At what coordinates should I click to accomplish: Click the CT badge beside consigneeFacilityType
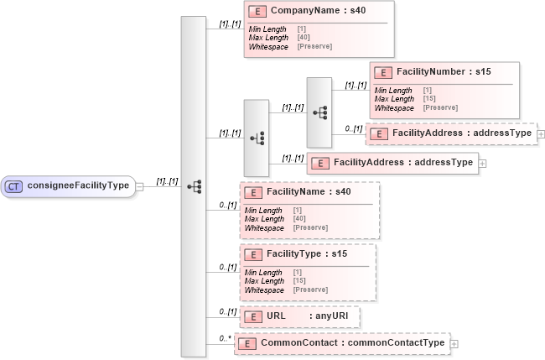(14, 186)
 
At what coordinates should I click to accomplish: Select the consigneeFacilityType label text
(78, 186)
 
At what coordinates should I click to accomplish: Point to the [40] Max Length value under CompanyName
(304, 38)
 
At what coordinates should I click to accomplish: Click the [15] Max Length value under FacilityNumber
(429, 99)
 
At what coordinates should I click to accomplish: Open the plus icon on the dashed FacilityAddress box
(541, 133)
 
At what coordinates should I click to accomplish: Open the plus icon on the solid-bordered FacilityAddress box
(482, 163)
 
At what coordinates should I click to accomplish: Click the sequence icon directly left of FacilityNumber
(319, 111)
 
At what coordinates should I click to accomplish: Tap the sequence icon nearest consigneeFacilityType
(194, 186)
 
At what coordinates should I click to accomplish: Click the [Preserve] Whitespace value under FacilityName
(310, 227)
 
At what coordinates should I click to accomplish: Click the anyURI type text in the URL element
(332, 316)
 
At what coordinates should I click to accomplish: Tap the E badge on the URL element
(254, 316)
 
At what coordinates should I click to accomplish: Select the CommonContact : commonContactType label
(352, 343)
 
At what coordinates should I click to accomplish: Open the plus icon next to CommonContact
(454, 343)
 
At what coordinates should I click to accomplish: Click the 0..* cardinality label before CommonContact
(224, 338)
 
